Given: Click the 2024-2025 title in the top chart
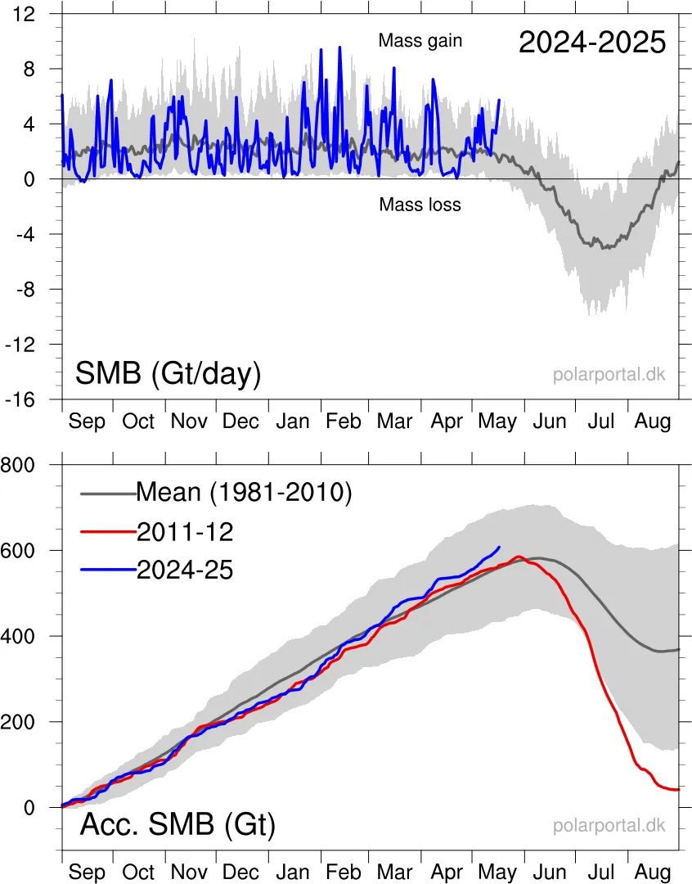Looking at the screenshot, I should tap(592, 42).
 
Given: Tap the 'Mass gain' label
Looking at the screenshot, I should tap(420, 40).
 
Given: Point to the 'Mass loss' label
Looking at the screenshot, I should tap(420, 205).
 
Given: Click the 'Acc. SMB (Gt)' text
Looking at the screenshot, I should tap(177, 825).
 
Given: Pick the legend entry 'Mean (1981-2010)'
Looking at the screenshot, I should tap(243, 493).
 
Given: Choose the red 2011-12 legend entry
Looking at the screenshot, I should tap(185, 532).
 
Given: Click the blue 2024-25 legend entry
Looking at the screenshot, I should tap(185, 570).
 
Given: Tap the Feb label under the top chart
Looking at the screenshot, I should tap(343, 422).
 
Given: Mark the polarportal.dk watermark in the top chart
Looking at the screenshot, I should tap(609, 375).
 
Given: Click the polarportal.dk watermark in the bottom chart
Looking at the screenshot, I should tap(609, 825).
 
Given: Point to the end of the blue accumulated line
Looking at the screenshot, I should tap(499, 547).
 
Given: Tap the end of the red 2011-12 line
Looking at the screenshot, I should tap(678, 789).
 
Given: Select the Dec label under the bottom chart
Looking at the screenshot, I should tap(240, 873).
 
